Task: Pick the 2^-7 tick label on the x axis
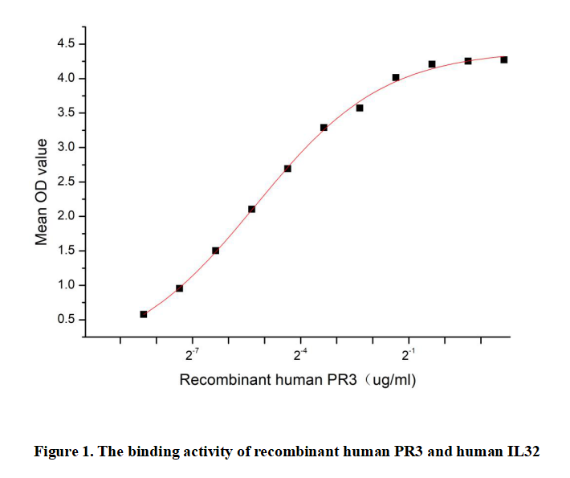[193, 355]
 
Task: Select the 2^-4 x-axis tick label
[300, 355]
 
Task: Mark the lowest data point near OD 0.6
[144, 314]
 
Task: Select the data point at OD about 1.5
[215, 251]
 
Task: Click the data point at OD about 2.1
[251, 209]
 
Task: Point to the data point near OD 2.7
[287, 168]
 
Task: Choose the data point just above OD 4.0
[396, 78]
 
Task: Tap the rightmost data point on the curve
[503, 59]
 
